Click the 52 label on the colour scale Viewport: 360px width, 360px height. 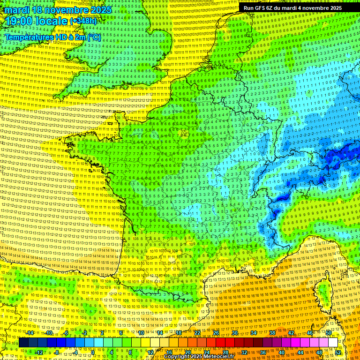coord(338,352)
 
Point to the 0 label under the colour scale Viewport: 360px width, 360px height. coord(93,352)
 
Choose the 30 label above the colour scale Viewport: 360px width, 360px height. coord(234,332)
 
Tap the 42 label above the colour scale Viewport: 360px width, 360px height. coord(291,332)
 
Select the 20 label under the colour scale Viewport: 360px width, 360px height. coord(187,352)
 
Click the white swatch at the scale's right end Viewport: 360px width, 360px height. coord(333,343)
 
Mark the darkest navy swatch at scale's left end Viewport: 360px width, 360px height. coord(23,343)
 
